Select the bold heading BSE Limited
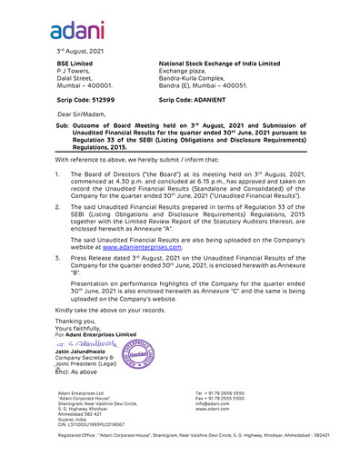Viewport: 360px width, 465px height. pyautogui.click(x=75, y=64)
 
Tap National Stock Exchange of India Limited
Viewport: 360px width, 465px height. pyautogui.click(x=219, y=64)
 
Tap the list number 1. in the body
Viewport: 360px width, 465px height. pyautogui.click(x=58, y=173)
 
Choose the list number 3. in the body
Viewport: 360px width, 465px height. pyautogui.click(x=58, y=259)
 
